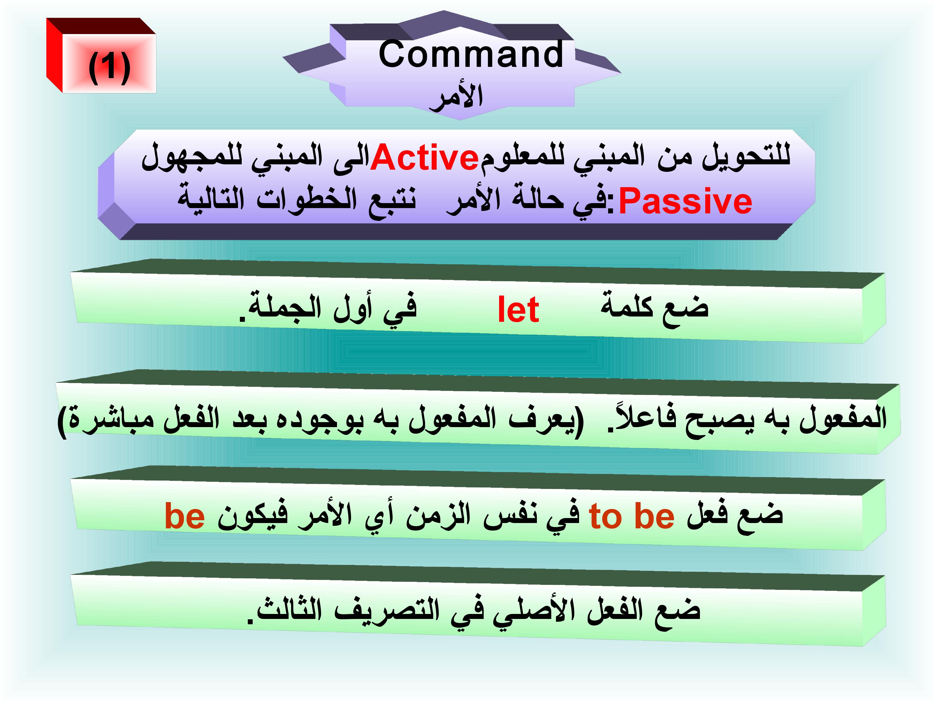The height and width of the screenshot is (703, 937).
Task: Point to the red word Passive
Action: click(x=685, y=201)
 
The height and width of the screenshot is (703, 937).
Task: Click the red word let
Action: click(x=518, y=310)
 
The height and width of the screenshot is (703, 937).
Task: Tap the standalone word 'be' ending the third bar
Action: click(x=185, y=516)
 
